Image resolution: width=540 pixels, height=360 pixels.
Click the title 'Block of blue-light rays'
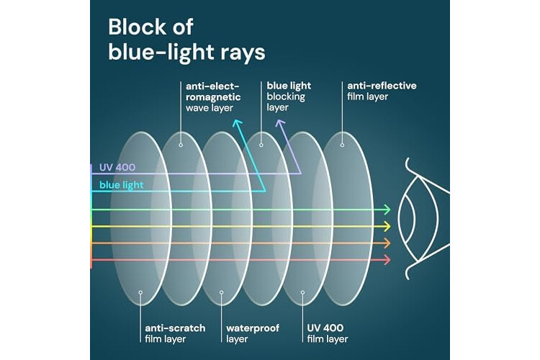point(186,40)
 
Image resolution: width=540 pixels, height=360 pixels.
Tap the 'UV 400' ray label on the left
point(117,168)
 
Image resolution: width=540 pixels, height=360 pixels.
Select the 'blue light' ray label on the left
point(121,185)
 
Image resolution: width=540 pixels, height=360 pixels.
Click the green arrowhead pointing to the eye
point(387,210)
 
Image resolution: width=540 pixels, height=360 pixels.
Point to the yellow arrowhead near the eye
point(387,226)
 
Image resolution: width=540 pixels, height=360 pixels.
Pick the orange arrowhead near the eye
point(387,243)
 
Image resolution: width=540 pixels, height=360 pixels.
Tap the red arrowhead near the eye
point(387,260)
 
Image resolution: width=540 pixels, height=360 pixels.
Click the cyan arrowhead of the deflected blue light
point(237,122)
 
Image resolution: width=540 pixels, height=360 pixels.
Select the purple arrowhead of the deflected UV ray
point(280,122)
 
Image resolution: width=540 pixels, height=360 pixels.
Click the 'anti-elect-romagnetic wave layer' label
point(213,96)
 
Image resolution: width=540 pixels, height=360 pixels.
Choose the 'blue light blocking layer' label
point(289,96)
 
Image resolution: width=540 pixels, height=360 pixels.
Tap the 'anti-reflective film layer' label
point(382,91)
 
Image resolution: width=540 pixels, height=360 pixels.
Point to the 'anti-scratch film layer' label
point(175,333)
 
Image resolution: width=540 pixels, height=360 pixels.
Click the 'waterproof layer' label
point(253,333)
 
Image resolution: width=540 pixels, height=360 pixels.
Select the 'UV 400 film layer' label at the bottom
point(328,333)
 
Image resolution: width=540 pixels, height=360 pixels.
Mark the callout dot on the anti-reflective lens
point(342,145)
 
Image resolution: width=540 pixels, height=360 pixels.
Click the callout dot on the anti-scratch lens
point(140,292)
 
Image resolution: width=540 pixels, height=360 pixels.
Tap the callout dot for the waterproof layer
point(222,292)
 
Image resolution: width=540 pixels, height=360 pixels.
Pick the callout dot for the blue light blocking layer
point(261,145)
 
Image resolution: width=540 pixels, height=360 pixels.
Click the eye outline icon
point(423,219)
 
